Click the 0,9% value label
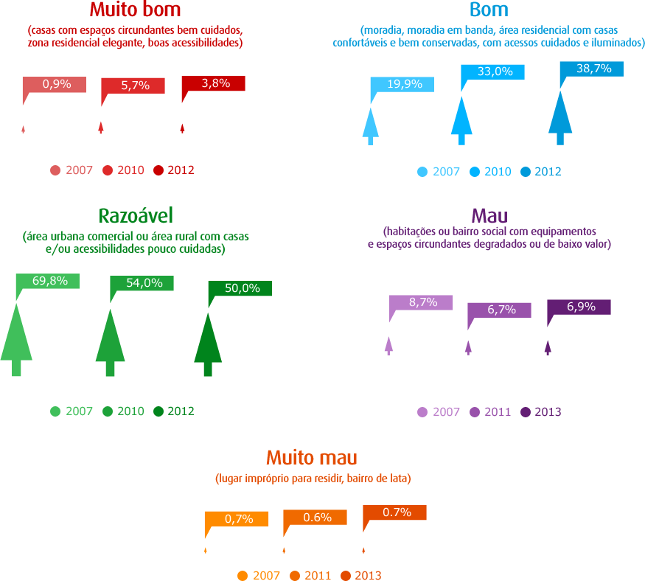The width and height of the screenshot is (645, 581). [57, 84]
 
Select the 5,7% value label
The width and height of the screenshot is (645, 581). [136, 86]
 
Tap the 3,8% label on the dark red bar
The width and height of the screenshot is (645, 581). [216, 83]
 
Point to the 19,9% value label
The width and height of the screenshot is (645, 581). [405, 84]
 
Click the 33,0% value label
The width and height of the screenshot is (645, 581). [495, 72]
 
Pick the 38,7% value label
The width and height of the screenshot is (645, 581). [594, 69]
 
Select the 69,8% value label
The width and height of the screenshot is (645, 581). [50, 281]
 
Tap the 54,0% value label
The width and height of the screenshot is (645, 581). [144, 283]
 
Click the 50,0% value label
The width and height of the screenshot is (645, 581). [243, 288]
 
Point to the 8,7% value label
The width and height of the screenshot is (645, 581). [423, 302]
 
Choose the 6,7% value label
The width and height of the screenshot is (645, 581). [502, 310]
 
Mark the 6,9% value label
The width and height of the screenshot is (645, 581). [582, 307]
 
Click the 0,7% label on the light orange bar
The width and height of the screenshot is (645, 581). [239, 519]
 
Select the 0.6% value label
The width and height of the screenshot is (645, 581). [318, 518]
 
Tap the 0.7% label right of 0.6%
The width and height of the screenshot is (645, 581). [397, 512]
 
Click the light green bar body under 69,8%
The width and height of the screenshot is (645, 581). [55, 332]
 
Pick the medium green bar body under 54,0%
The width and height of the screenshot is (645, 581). [151, 335]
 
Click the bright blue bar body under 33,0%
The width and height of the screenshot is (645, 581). [505, 114]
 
